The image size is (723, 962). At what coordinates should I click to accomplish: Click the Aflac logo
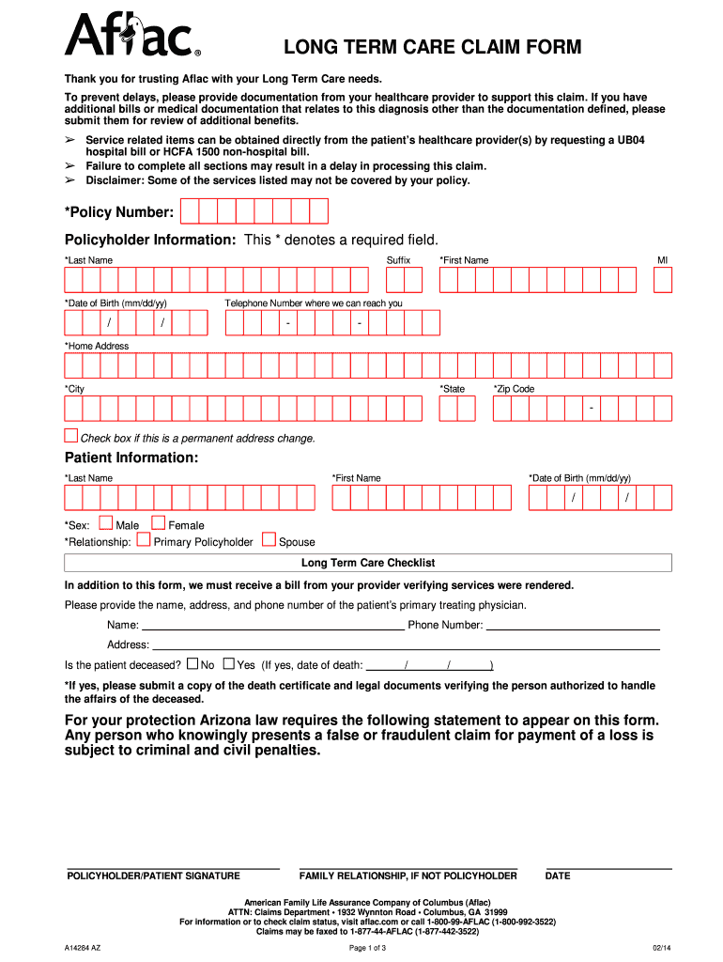point(131,36)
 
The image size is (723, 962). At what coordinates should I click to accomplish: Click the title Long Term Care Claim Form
point(433,47)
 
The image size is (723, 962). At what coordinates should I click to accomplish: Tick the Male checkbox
point(106,523)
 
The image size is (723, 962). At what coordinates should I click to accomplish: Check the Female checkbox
point(159,523)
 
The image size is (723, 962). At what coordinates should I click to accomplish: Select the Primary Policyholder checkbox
point(144,540)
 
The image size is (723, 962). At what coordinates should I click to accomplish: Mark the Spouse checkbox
point(269,540)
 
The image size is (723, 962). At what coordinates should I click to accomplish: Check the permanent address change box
point(71,435)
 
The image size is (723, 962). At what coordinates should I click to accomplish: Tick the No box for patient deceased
point(192,663)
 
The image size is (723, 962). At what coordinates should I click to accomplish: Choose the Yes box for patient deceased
point(228,663)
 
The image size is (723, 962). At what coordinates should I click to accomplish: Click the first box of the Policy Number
point(190,211)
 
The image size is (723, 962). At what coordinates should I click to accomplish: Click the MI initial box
point(663,279)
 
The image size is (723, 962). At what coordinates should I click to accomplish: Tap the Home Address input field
point(368,365)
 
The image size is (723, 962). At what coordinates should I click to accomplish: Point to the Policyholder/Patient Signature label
point(153,876)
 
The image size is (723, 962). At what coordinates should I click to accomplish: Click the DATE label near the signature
point(558,876)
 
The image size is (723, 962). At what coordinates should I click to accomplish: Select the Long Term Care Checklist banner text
point(368,563)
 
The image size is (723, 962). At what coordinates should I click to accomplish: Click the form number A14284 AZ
point(84,948)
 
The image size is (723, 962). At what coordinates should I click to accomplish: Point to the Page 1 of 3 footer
point(368,948)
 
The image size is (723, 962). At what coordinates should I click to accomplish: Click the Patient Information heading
point(131,458)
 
